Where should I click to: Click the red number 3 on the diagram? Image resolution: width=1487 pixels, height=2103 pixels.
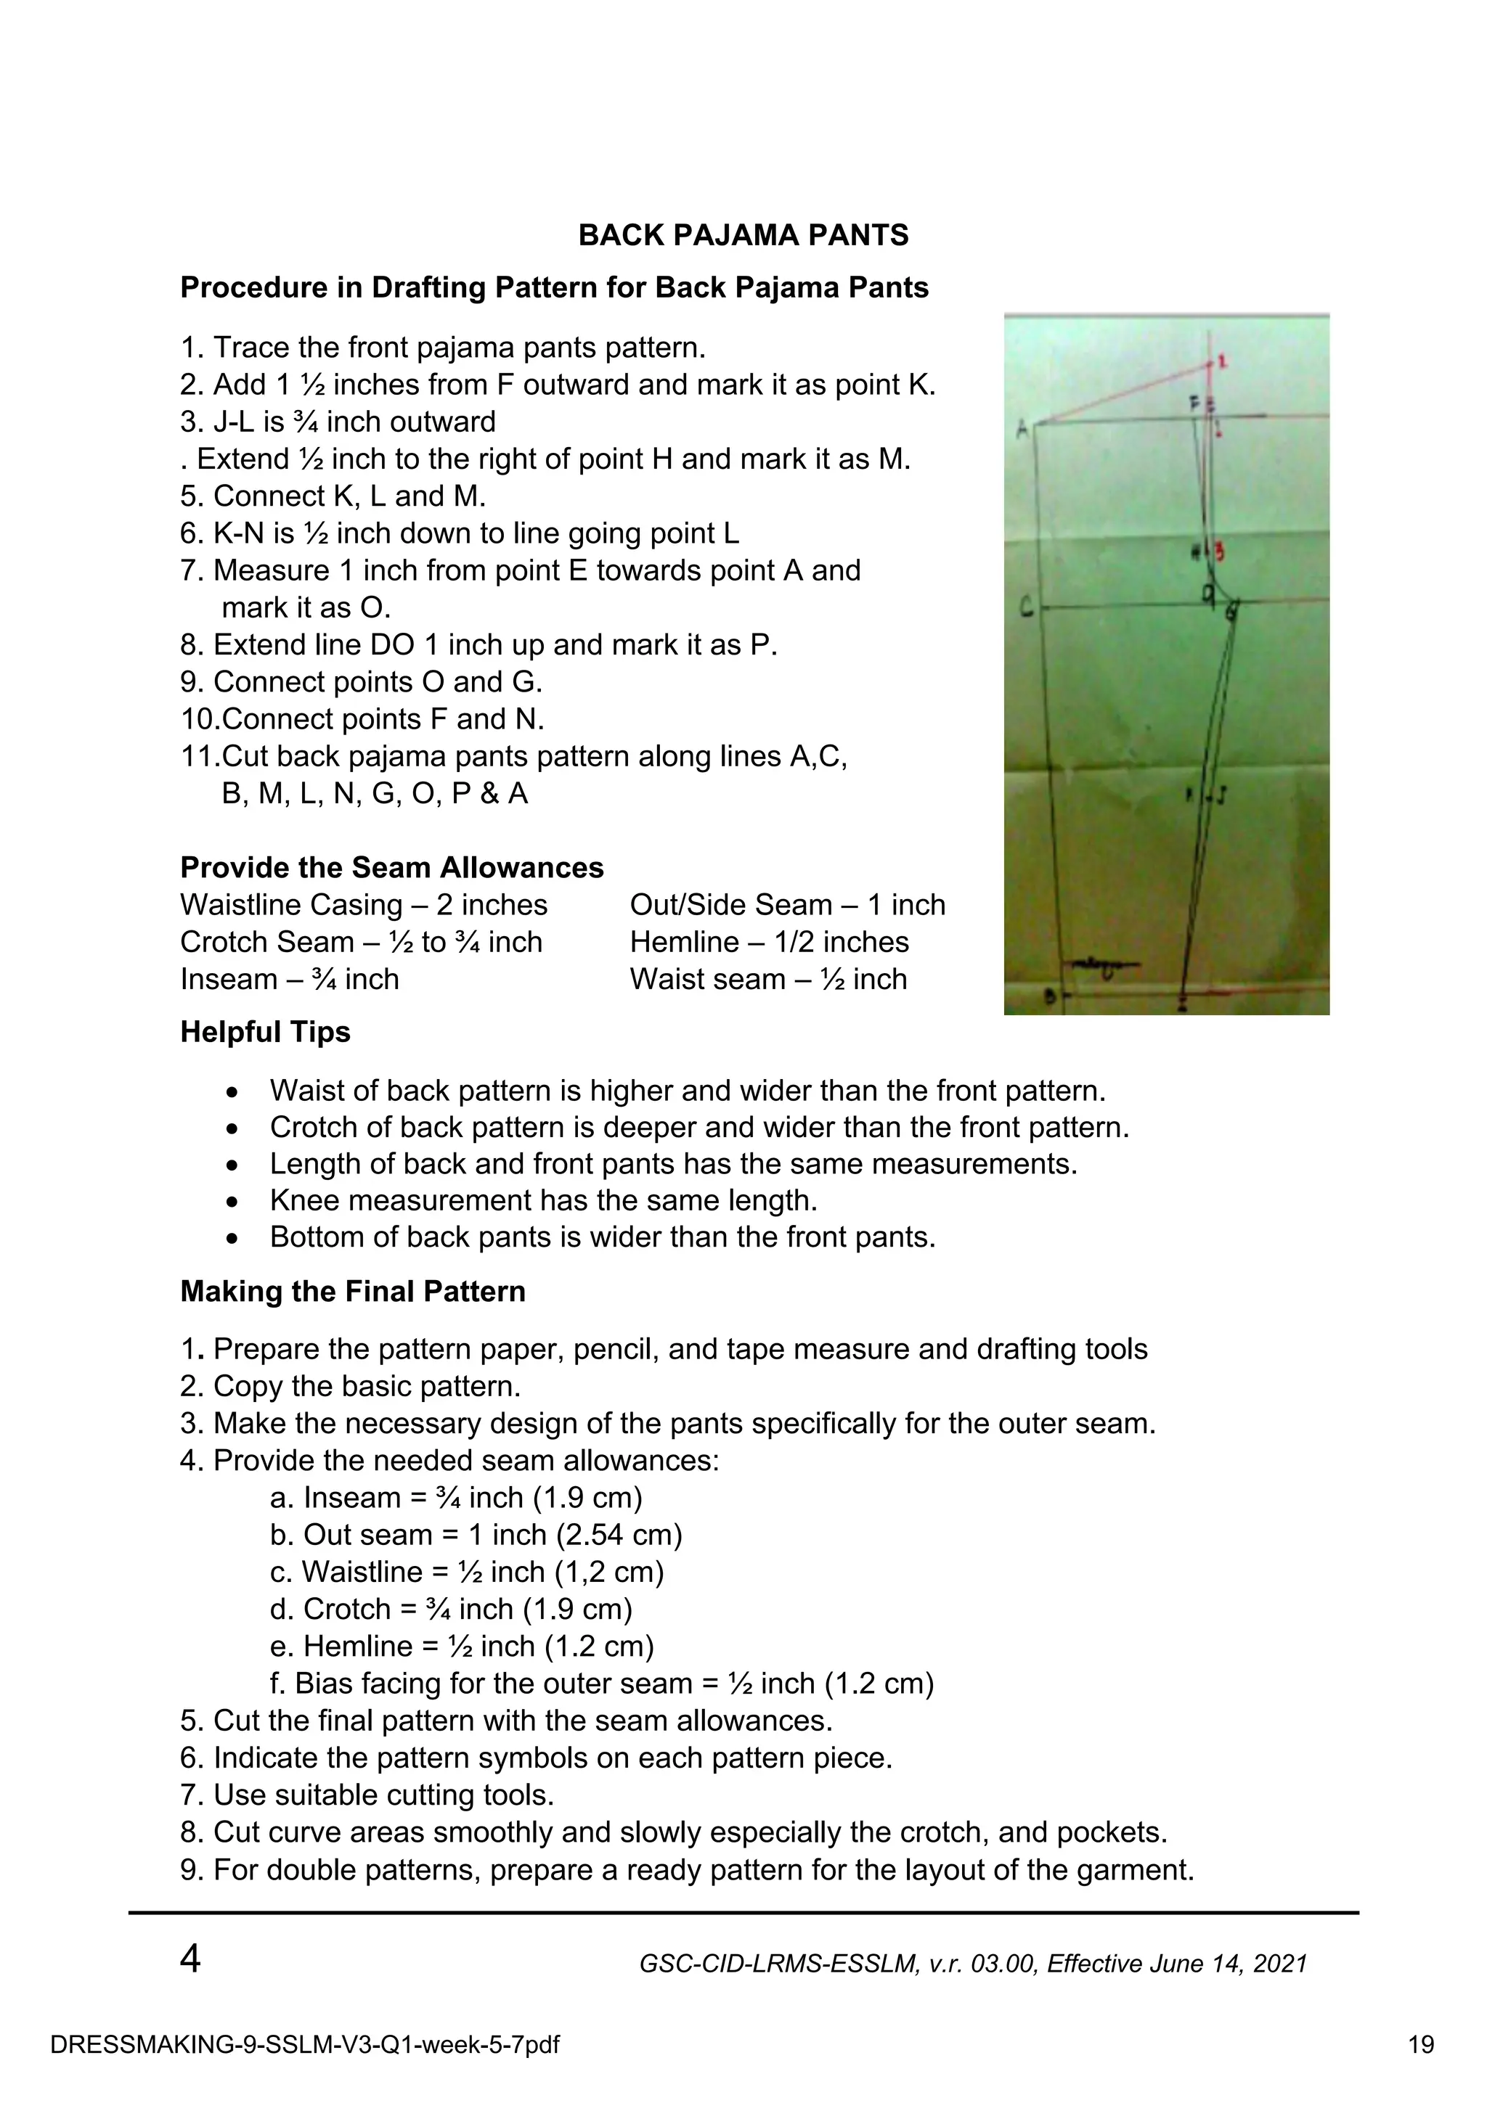point(1221,552)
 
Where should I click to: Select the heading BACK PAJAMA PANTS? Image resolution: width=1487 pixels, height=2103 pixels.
point(743,235)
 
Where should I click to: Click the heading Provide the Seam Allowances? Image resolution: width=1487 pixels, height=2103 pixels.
point(391,867)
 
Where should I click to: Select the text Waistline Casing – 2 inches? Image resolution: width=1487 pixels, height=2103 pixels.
point(363,905)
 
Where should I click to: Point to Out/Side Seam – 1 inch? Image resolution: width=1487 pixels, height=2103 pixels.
point(787,905)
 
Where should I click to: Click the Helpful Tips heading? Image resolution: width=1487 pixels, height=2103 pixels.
point(265,1032)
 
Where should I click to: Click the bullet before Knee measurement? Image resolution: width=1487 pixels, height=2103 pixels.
point(233,1202)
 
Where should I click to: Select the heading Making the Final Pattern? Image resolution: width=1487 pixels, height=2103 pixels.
point(353,1292)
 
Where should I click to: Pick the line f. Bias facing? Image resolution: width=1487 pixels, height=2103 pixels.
point(601,1684)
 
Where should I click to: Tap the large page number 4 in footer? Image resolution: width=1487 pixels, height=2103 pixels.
point(190,1959)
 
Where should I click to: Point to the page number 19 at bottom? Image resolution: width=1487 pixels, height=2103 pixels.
point(1421,2044)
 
